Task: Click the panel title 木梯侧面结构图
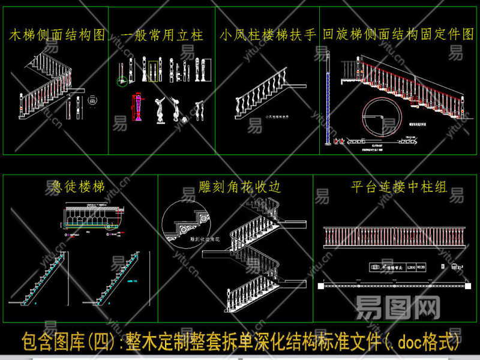point(57,35)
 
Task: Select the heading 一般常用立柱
point(162,35)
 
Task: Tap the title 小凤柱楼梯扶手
point(268,35)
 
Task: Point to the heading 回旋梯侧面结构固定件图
point(398,34)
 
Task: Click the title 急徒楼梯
point(75,187)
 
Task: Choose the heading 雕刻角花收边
point(239,187)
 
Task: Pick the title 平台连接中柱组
point(398,187)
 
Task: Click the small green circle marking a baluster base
point(122,82)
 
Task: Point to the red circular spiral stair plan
point(380,117)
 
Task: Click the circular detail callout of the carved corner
point(185,226)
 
